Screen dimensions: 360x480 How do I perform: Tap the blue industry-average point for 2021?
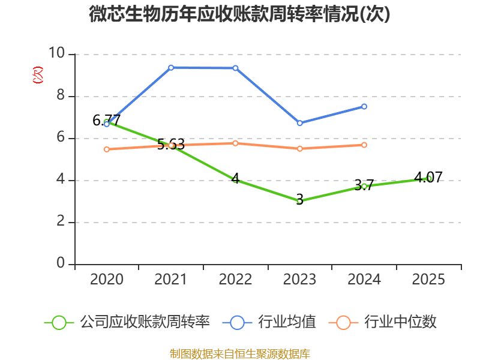(171, 67)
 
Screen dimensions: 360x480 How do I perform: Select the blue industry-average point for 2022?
(235, 68)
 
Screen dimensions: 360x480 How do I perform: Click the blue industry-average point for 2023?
(299, 123)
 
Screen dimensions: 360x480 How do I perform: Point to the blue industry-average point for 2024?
(364, 106)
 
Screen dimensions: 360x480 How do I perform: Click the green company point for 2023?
(299, 200)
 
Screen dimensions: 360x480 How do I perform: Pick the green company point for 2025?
(428, 178)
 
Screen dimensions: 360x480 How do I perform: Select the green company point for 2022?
(235, 180)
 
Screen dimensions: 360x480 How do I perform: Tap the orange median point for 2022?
(235, 143)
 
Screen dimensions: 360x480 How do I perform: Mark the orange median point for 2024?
(364, 145)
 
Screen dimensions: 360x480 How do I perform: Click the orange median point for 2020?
(107, 149)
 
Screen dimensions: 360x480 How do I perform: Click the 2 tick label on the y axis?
(61, 222)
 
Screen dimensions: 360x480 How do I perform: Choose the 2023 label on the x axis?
(299, 280)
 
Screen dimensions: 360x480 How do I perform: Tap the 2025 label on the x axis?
(428, 280)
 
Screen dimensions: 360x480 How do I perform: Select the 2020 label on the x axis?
(107, 280)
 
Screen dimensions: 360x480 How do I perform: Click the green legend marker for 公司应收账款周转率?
(59, 322)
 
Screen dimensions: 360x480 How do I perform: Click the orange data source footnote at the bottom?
(239, 353)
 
